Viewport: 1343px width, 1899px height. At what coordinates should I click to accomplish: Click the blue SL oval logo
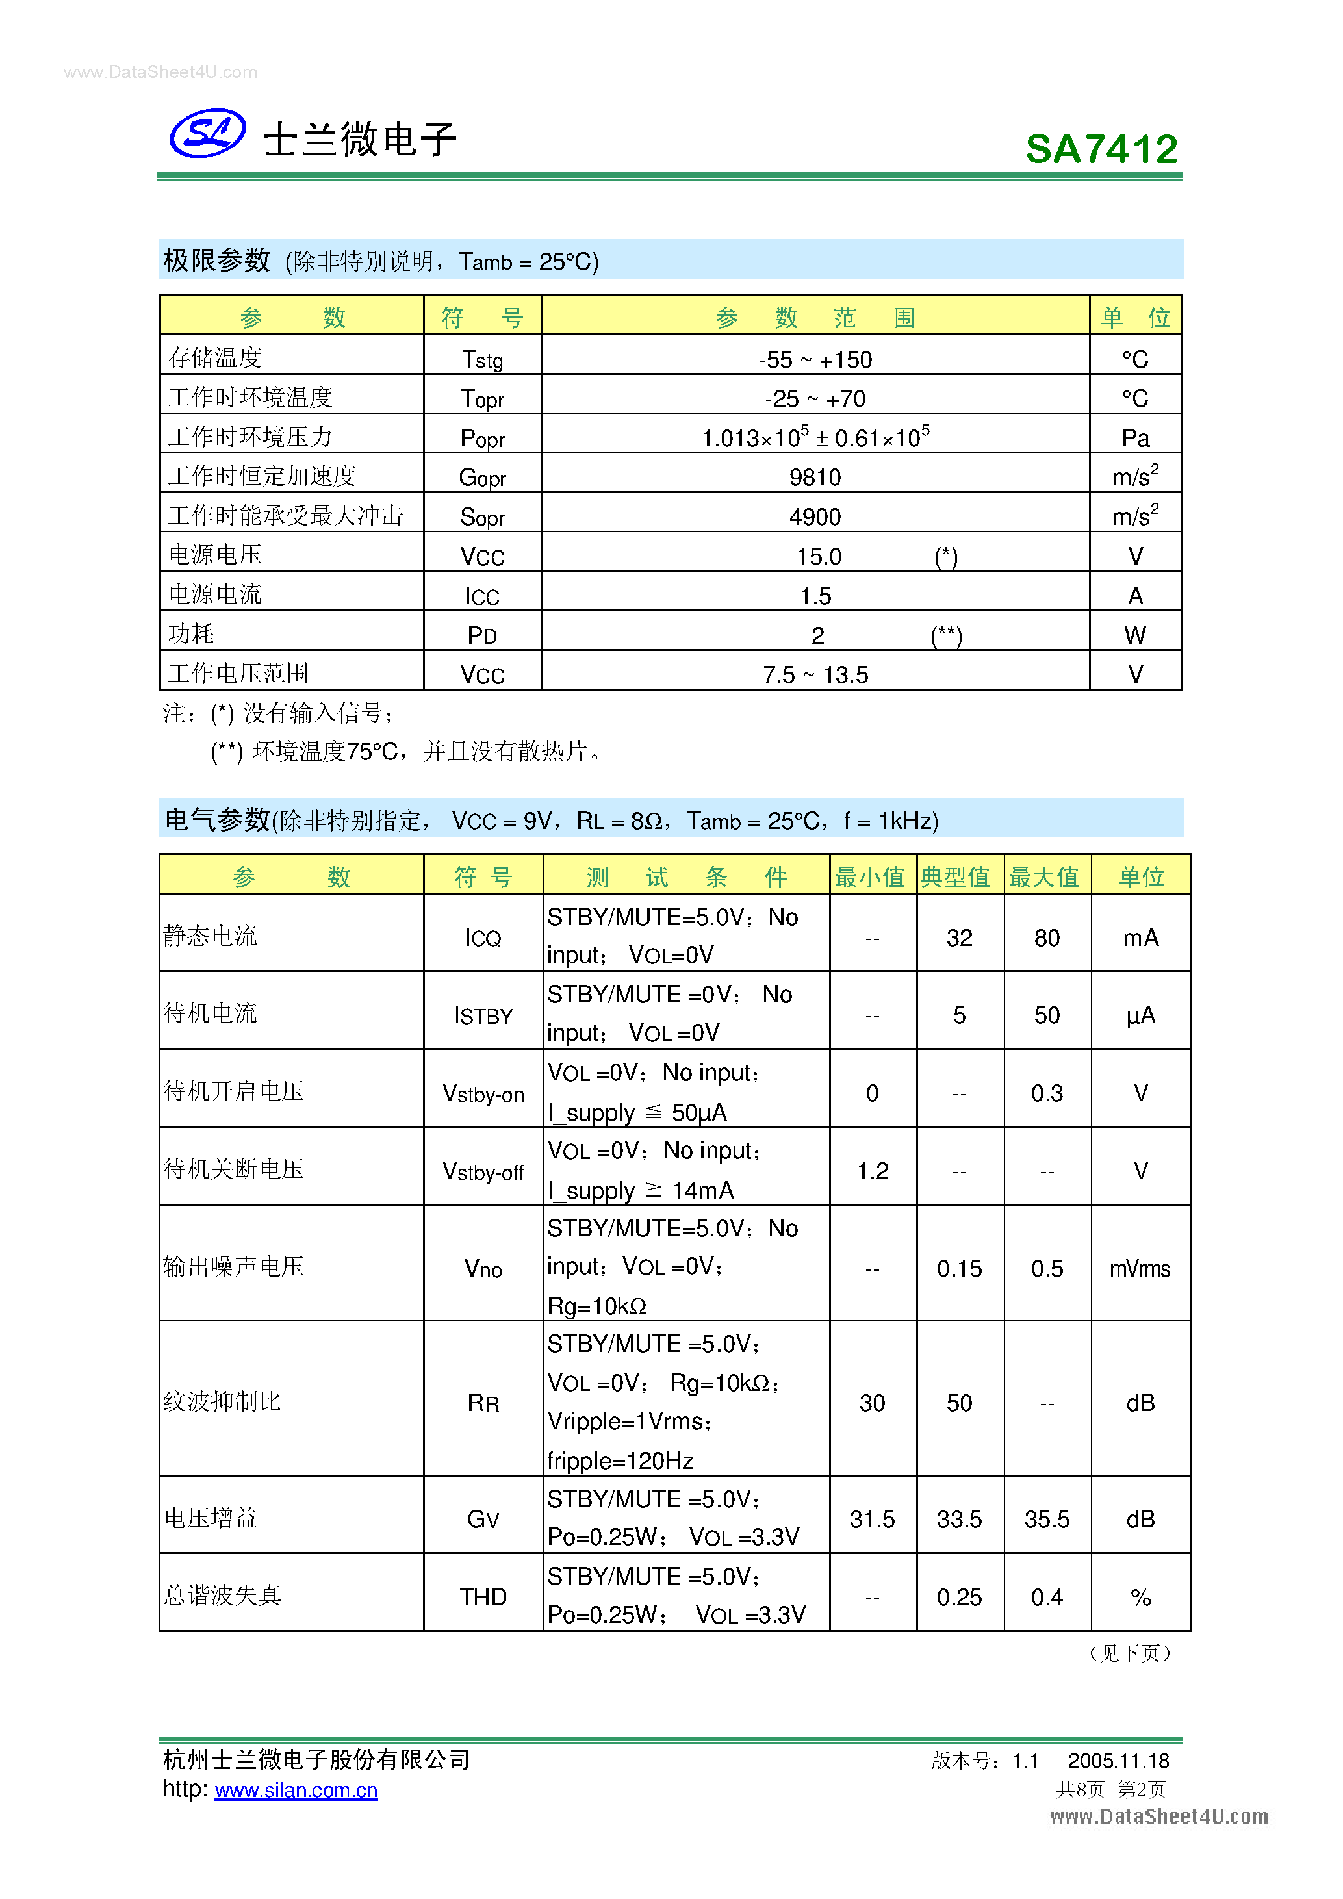(207, 133)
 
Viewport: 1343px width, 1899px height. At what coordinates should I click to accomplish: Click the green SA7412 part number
(1101, 149)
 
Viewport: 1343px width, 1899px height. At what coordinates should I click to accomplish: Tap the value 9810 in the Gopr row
(815, 478)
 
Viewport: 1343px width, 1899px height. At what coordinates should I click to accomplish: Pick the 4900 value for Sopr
(815, 517)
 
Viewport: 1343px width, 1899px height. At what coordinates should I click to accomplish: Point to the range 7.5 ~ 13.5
(815, 675)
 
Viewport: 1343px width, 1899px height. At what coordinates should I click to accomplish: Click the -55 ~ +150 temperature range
(815, 360)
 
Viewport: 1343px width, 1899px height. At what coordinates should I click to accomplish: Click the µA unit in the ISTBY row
(1140, 1015)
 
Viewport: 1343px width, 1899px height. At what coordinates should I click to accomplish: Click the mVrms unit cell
(1140, 1269)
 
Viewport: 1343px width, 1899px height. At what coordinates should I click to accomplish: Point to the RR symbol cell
(483, 1403)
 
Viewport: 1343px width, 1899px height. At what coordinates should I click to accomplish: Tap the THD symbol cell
(483, 1597)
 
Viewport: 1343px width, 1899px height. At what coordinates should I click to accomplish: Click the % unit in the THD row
(1140, 1597)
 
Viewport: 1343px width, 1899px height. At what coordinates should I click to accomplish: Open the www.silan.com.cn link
(296, 1790)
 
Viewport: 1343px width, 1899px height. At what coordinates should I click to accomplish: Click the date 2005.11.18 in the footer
(1118, 1761)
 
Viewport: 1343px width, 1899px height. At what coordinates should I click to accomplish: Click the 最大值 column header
(1045, 876)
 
